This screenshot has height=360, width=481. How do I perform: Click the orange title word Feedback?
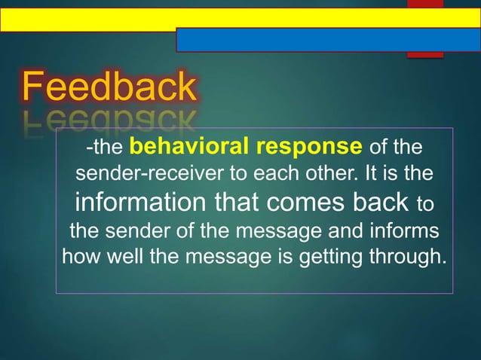tap(109, 87)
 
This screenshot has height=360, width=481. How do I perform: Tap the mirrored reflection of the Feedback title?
tap(109, 118)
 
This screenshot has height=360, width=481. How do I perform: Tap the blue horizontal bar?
tap(328, 39)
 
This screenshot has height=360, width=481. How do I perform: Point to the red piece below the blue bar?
tap(424, 55)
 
